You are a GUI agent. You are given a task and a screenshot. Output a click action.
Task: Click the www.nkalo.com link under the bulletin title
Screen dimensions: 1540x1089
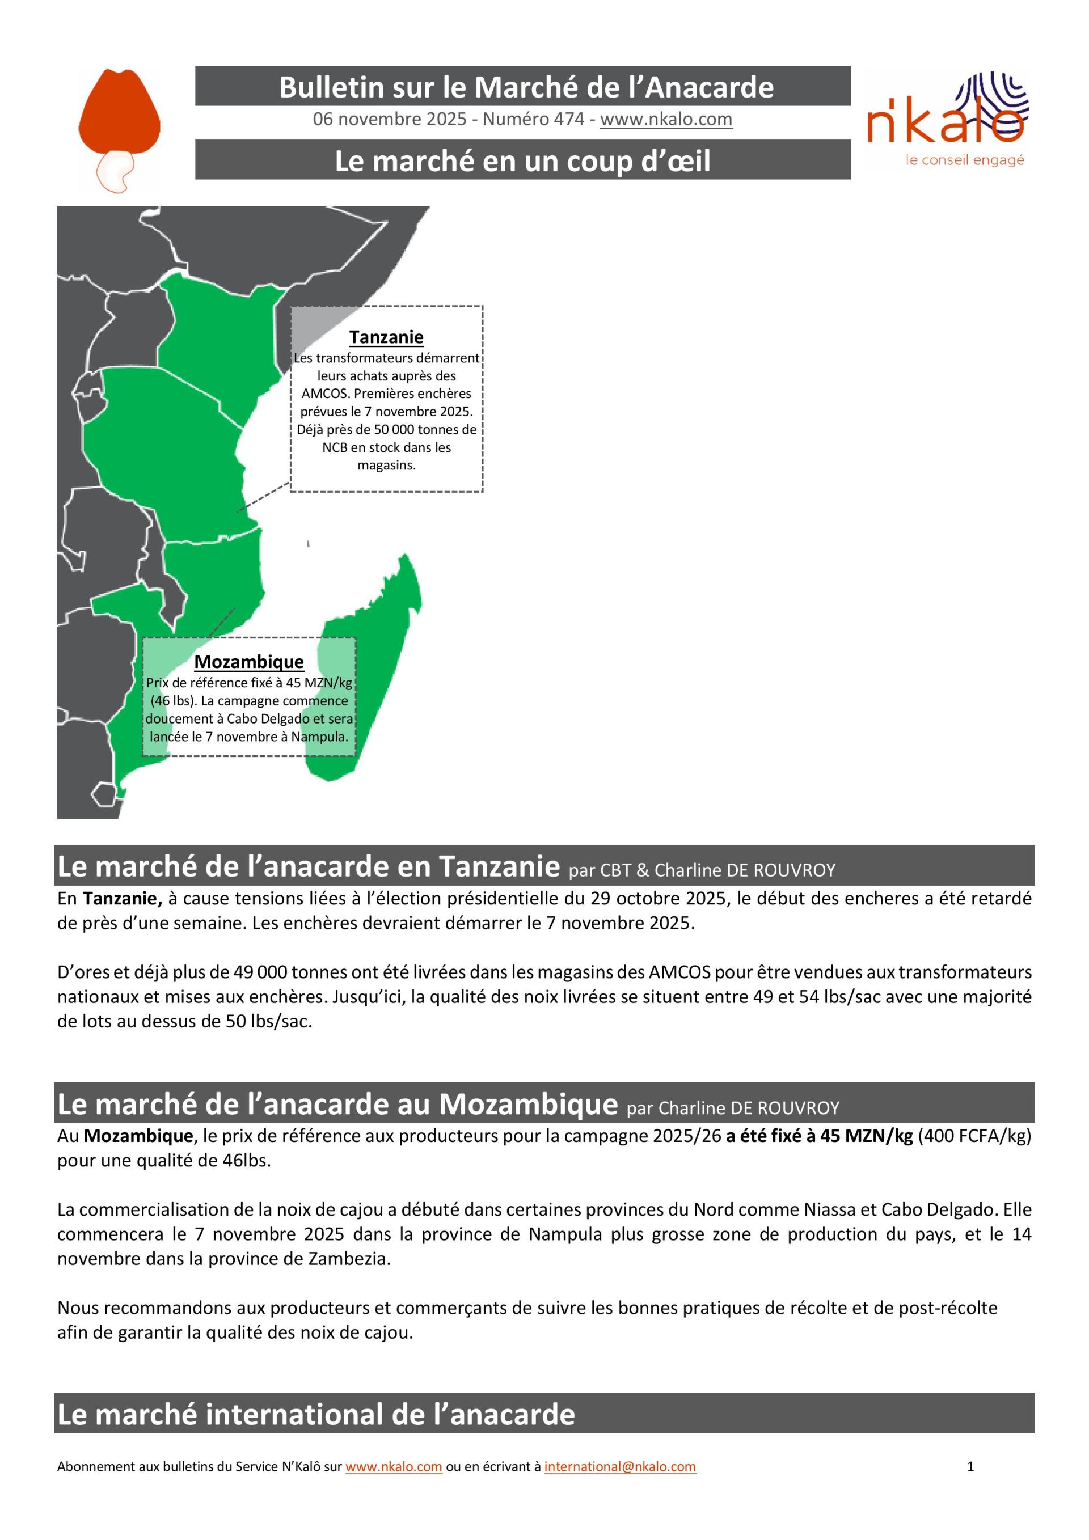click(666, 120)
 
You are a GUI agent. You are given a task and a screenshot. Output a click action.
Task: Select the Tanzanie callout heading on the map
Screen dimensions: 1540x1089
click(386, 337)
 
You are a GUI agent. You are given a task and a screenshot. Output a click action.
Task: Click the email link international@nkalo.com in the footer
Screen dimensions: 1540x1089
click(619, 1466)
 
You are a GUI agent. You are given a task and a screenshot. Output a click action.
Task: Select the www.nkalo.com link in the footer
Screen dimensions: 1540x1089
click(393, 1466)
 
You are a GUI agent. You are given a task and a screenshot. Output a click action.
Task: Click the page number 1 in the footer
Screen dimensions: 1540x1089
click(970, 1466)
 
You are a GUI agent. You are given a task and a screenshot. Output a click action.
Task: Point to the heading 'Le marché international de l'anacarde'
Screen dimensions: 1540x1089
click(316, 1414)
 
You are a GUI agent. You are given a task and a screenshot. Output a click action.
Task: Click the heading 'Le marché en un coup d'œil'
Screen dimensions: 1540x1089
click(522, 161)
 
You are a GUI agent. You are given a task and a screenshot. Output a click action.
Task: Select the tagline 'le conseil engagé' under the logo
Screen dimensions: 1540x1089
click(964, 160)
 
